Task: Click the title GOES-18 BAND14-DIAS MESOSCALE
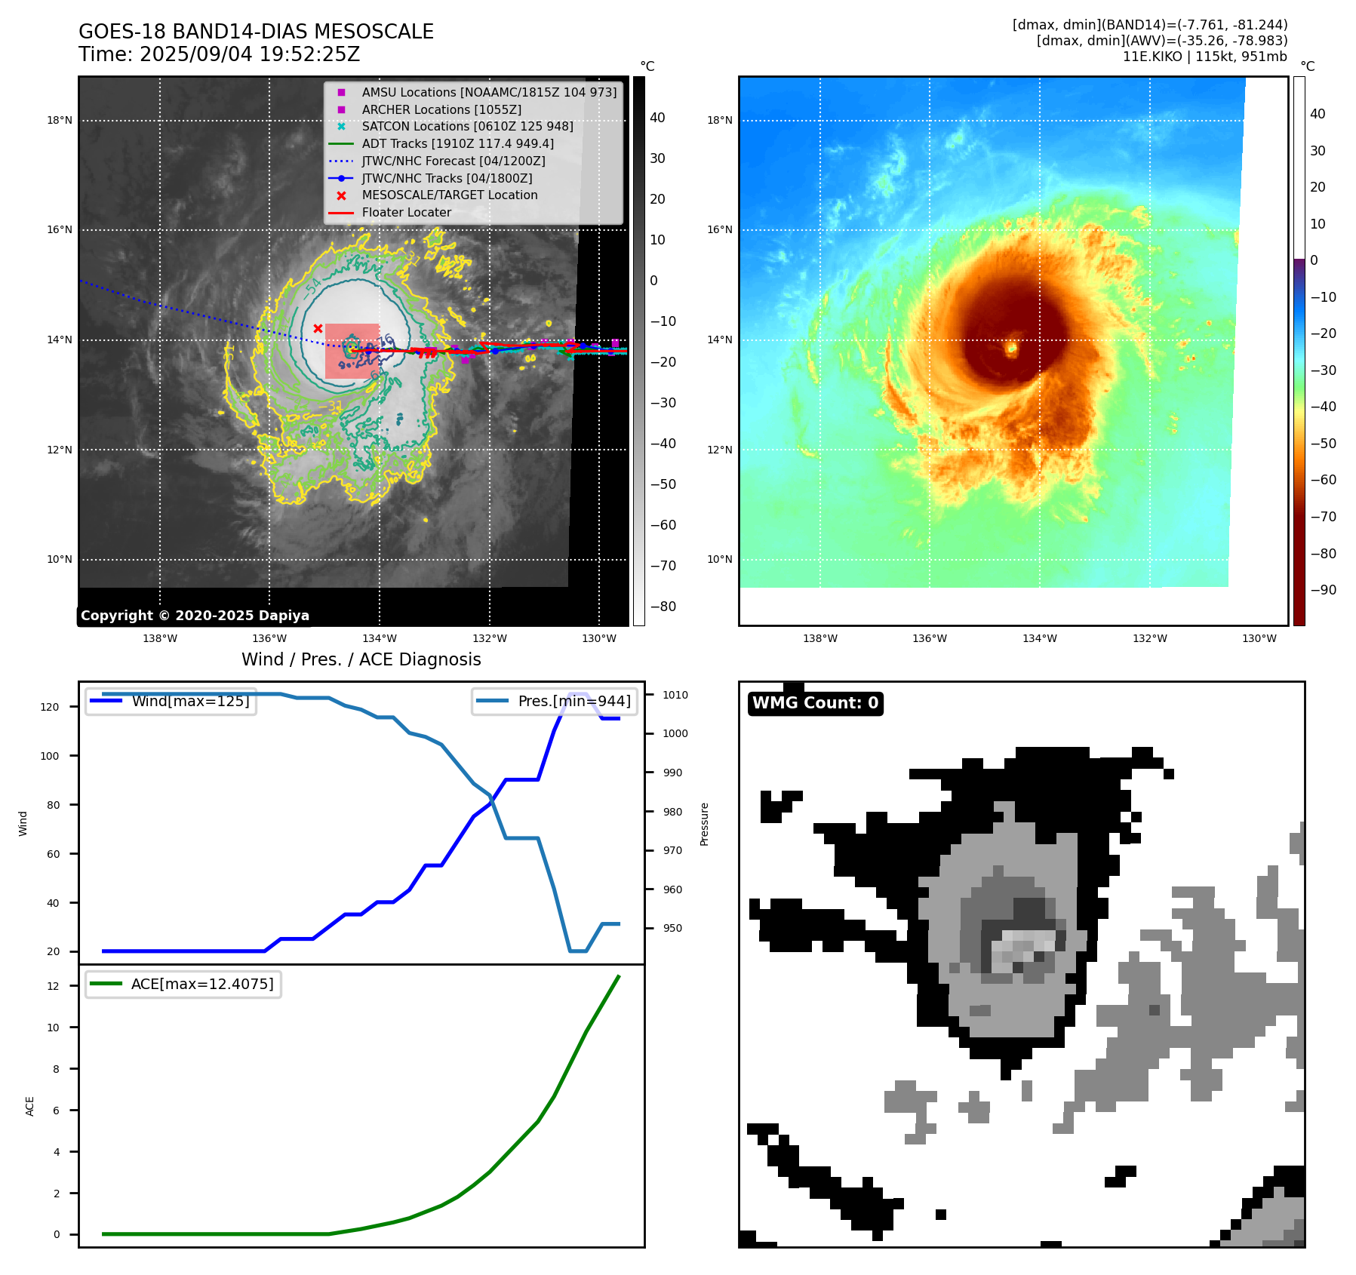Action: pyautogui.click(x=256, y=32)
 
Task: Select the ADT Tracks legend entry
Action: pyautogui.click(x=457, y=143)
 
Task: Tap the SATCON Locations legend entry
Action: pyautogui.click(x=467, y=126)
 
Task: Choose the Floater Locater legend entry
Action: pyautogui.click(x=406, y=212)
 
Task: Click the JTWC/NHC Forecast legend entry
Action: pyautogui.click(x=453, y=161)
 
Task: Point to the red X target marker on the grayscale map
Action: pyautogui.click(x=318, y=328)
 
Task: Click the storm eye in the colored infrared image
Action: pyautogui.click(x=1011, y=348)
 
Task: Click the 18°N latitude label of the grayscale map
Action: pyautogui.click(x=60, y=120)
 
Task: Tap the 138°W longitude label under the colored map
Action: pyautogui.click(x=819, y=638)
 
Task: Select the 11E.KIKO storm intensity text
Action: pyautogui.click(x=1204, y=57)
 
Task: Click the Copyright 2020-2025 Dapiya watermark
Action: pyautogui.click(x=195, y=616)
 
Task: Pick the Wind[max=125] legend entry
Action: pyautogui.click(x=190, y=701)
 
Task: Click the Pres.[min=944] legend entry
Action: pyautogui.click(x=573, y=701)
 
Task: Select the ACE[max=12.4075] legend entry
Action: pyautogui.click(x=202, y=984)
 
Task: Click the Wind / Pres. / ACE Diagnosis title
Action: pyautogui.click(x=361, y=659)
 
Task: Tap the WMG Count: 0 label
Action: pyautogui.click(x=815, y=703)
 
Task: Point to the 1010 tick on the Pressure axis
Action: pyautogui.click(x=675, y=695)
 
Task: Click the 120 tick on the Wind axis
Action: pyautogui.click(x=50, y=707)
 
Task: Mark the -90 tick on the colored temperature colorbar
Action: pyautogui.click(x=1323, y=590)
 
